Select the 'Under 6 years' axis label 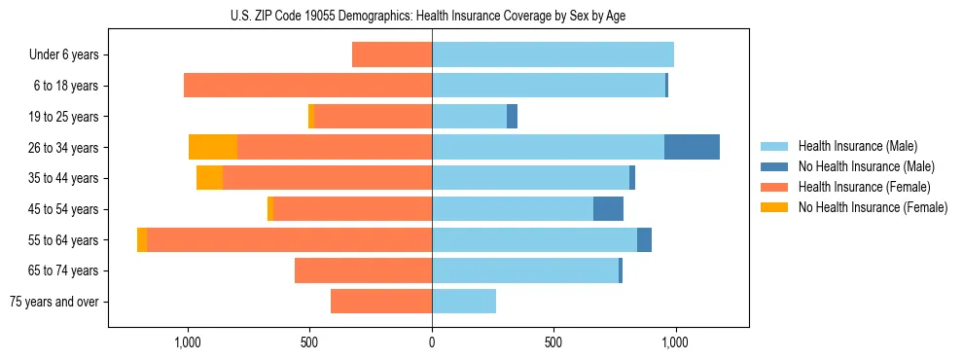64,54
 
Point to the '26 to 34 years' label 64,147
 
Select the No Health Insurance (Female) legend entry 873,207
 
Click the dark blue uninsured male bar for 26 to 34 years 692,147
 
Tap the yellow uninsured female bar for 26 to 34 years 213,147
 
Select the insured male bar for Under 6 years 553,54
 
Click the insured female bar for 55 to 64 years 290,239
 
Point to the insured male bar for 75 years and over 464,302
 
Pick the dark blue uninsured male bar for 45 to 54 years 608,209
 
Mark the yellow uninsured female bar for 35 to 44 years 209,178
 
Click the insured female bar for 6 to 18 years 308,86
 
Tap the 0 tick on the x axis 432,342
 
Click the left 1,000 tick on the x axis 188,342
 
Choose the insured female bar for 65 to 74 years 363,270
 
